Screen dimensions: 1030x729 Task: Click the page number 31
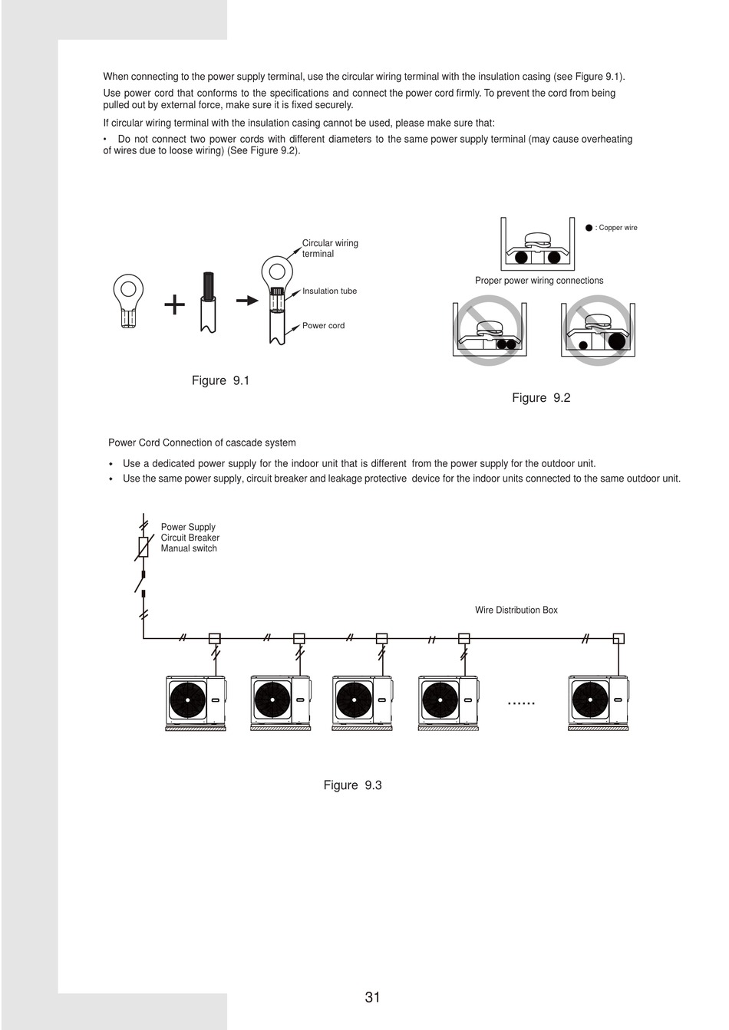[x=372, y=997]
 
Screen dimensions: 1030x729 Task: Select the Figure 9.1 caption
[x=220, y=381]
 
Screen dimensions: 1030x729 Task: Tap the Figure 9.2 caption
[x=541, y=398]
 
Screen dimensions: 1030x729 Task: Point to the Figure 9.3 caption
[x=352, y=785]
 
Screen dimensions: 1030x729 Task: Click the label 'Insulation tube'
[x=329, y=291]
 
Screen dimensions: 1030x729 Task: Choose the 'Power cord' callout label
[x=323, y=326]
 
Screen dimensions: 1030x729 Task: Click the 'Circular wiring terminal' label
[x=330, y=248]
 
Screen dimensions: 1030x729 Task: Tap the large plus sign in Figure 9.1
[x=175, y=305]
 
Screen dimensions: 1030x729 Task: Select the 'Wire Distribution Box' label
[x=516, y=610]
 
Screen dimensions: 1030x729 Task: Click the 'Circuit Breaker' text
[x=190, y=538]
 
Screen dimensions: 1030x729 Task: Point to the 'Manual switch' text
[x=189, y=548]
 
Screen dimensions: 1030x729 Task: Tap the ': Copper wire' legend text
[x=616, y=228]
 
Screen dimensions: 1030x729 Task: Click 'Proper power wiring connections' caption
[x=539, y=281]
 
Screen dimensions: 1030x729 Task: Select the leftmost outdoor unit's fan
[x=188, y=699]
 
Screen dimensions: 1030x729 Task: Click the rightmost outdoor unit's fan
[x=589, y=699]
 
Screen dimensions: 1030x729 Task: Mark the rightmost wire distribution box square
[x=618, y=638]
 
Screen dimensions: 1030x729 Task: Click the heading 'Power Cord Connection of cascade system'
[x=202, y=443]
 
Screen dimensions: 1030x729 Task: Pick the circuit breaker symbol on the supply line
[x=143, y=547]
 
